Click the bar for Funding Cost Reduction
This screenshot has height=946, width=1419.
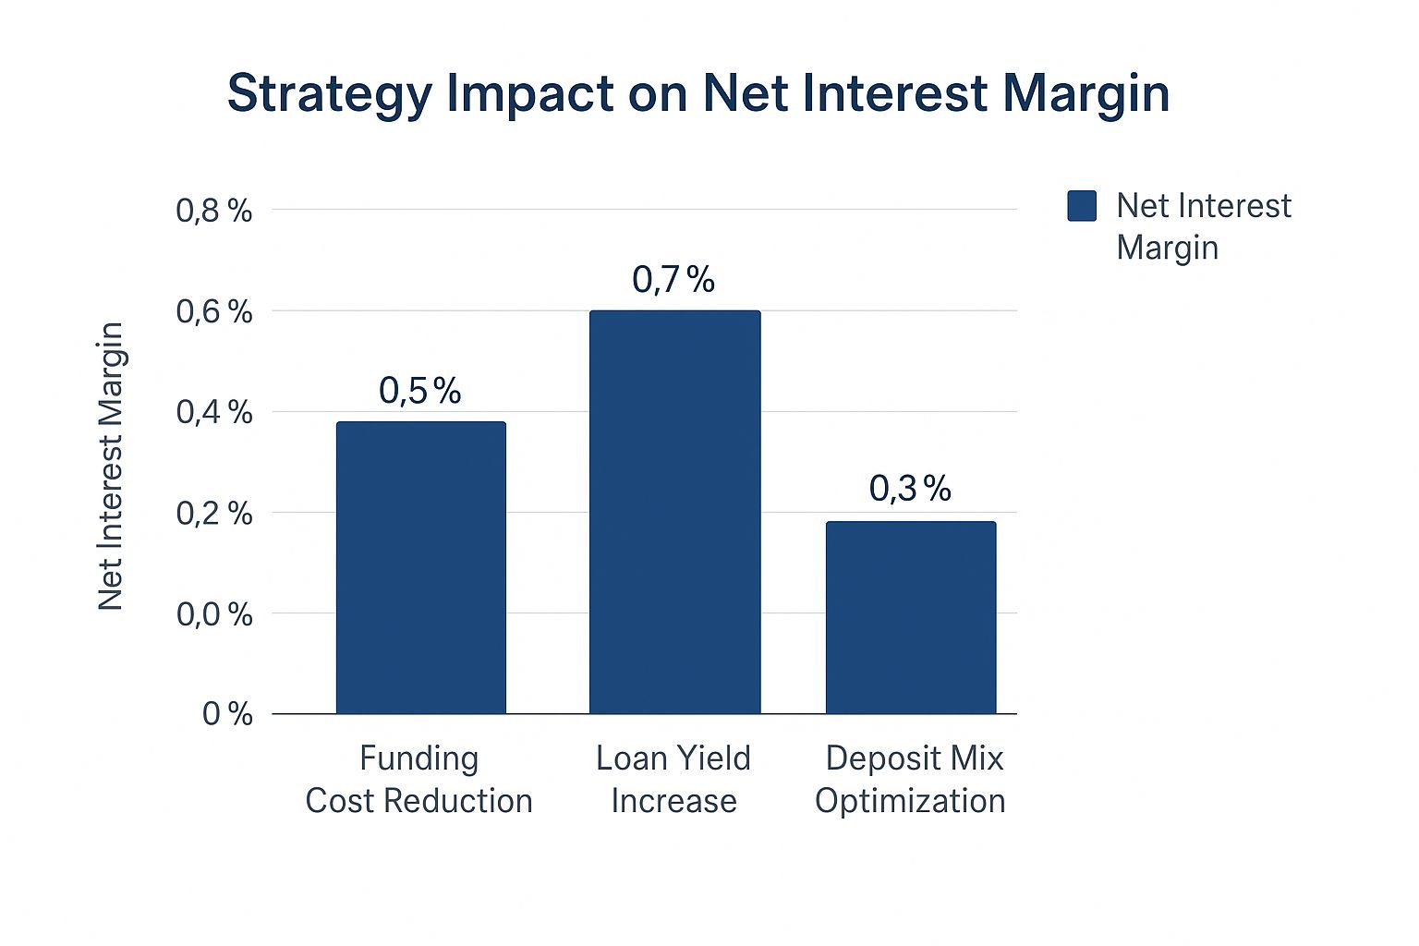[420, 567]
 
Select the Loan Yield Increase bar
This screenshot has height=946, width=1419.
[674, 512]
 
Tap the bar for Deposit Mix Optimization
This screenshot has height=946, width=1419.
[910, 617]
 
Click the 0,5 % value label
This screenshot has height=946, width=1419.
[419, 391]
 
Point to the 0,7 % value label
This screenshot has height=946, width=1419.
[673, 279]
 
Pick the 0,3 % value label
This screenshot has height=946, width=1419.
[910, 489]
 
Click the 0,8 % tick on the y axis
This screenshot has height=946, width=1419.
[214, 211]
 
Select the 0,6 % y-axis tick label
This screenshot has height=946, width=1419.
[214, 311]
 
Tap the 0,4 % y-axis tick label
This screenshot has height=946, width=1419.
[214, 412]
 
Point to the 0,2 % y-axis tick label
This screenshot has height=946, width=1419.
[214, 513]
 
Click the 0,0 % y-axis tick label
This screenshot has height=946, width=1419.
[214, 613]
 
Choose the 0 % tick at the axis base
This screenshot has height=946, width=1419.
[227, 713]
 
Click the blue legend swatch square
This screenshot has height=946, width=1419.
[1082, 206]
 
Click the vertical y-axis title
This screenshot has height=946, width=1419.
[111, 466]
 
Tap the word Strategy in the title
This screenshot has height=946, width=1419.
[329, 94]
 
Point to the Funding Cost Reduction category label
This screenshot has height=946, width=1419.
[419, 779]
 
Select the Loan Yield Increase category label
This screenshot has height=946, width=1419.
[673, 779]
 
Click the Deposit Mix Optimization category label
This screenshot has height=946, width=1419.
[911, 779]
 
